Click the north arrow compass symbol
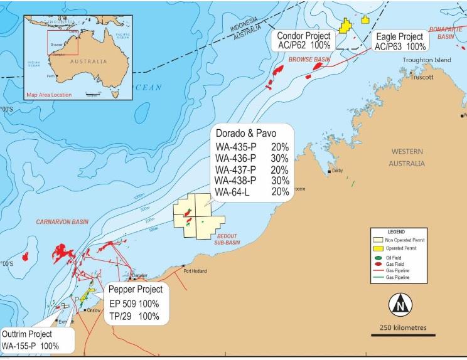[x=399, y=306]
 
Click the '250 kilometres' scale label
[x=400, y=328]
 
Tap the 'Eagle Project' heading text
[x=400, y=36]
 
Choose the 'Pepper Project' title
[x=135, y=290]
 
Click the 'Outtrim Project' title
[x=28, y=334]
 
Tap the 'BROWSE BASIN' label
[x=309, y=60]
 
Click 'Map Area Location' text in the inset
[x=49, y=95]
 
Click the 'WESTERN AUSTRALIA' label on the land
[x=407, y=157]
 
